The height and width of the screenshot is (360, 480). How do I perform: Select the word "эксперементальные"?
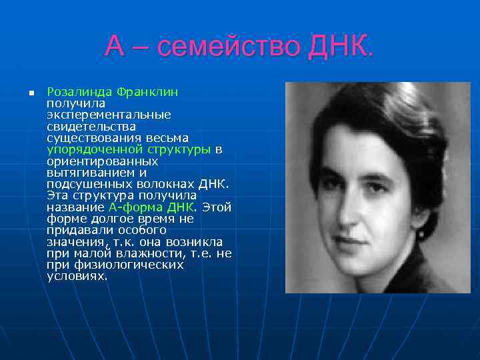109,115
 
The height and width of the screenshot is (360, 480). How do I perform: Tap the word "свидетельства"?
91,126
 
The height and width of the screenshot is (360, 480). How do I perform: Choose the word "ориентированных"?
103,161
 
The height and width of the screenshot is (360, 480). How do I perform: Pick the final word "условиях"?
77,276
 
